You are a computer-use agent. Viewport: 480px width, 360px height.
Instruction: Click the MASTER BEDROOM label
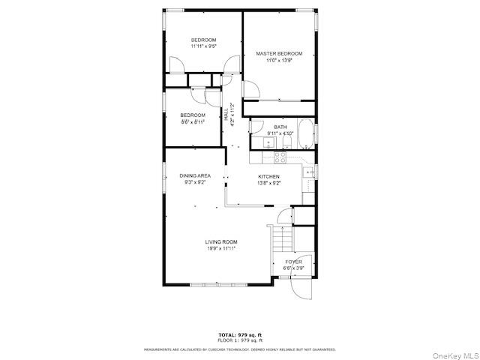279,54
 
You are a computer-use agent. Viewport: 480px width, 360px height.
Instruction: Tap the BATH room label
280,127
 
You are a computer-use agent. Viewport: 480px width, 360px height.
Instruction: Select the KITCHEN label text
268,176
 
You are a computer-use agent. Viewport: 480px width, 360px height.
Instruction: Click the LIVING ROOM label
221,241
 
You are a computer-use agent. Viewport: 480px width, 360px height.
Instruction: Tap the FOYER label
293,262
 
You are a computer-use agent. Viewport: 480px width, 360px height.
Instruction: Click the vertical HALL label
226,115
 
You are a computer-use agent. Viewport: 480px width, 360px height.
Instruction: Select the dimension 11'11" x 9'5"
203,46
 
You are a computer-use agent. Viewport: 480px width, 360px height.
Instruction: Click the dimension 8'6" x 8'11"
193,121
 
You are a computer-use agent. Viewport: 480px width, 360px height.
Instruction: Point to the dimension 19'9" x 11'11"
221,248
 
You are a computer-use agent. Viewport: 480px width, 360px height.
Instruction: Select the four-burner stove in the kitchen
279,157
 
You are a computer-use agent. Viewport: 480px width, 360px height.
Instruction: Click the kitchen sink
310,172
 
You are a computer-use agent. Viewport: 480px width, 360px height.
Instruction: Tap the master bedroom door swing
251,89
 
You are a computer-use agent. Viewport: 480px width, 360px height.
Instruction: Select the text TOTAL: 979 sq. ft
240,334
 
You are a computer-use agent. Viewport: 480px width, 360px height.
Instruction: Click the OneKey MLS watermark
452,354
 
